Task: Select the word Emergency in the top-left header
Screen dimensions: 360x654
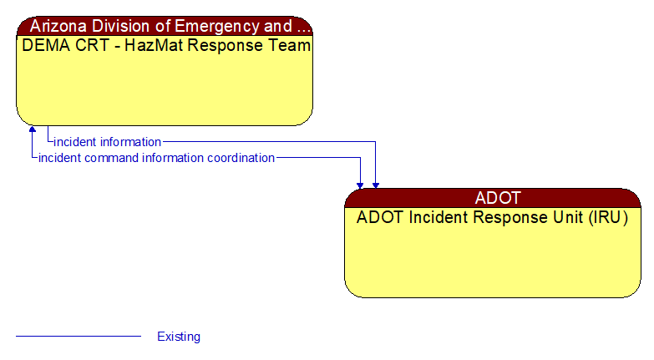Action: coord(218,26)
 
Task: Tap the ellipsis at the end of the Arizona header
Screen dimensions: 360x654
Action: coord(303,26)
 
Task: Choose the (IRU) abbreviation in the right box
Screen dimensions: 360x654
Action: coord(606,218)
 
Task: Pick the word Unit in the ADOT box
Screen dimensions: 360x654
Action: coord(562,218)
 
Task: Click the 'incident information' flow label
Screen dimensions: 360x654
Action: coord(107,142)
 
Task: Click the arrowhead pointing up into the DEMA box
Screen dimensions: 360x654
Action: coord(33,130)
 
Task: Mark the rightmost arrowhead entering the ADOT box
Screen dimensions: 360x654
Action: coord(376,185)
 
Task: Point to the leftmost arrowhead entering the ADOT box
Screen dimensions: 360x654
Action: coord(360,185)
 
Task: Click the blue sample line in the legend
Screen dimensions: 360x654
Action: coord(79,337)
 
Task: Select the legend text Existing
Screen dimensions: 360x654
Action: coord(179,337)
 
